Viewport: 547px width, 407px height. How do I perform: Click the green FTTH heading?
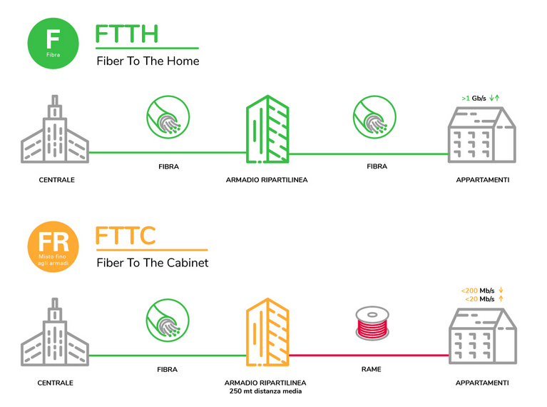pos(126,34)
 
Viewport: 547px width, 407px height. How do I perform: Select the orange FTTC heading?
pos(126,236)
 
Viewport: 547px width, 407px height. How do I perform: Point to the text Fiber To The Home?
pos(148,61)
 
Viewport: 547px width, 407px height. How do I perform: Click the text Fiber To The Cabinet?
pos(152,263)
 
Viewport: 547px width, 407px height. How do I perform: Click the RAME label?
pos(371,370)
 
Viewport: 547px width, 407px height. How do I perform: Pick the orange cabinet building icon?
pos(267,329)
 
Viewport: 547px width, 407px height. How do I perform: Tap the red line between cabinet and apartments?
pos(371,355)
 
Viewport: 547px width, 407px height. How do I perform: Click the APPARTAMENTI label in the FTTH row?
pos(483,180)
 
